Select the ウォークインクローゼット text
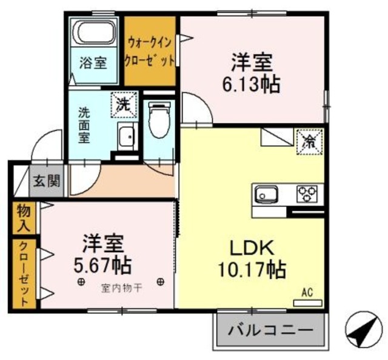(151, 52)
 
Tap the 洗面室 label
(82, 124)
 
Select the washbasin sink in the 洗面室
(127, 136)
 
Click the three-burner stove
(307, 195)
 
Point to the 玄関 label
(46, 181)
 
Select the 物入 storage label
(23, 218)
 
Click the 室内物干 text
(121, 288)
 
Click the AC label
(307, 293)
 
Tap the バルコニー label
(270, 331)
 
